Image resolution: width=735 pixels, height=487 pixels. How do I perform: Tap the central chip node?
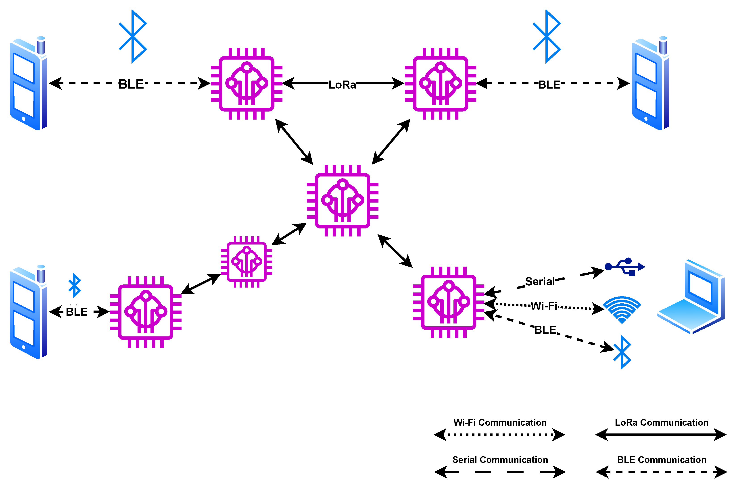click(x=342, y=201)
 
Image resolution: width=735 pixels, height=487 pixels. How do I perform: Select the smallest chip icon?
click(x=246, y=261)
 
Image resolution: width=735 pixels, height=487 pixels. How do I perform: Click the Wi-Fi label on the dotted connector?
click(x=544, y=306)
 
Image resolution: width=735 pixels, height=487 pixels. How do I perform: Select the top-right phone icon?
click(x=650, y=83)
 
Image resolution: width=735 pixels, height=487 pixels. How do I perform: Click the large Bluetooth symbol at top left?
click(x=133, y=36)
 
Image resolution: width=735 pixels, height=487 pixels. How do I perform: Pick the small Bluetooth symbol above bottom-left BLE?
click(x=75, y=285)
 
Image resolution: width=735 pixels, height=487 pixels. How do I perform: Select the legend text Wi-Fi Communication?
click(x=500, y=422)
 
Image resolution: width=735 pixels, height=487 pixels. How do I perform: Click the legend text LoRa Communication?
click(x=661, y=422)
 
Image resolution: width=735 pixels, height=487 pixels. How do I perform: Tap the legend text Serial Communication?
click(x=500, y=460)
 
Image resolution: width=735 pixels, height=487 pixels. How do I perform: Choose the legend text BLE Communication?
click(x=661, y=460)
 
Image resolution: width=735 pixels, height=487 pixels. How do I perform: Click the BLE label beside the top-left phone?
click(x=131, y=84)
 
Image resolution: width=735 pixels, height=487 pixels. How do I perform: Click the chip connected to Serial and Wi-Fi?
click(x=448, y=302)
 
